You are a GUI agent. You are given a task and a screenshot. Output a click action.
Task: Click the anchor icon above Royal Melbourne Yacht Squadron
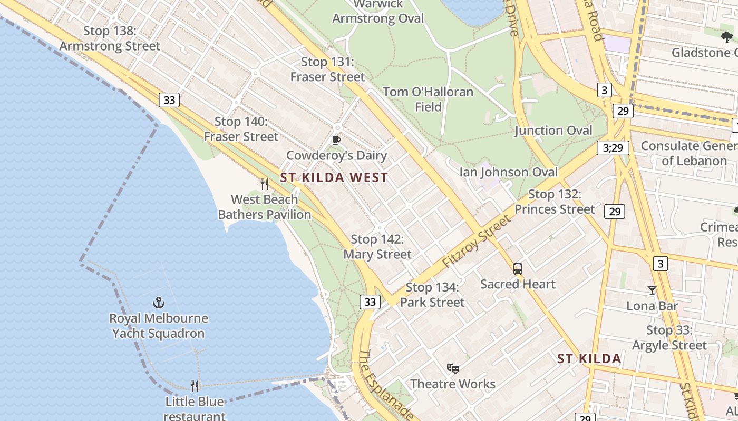tap(159, 303)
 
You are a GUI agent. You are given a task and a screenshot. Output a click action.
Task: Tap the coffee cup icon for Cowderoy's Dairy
tap(336, 140)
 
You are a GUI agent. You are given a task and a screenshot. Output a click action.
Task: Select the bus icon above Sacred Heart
tap(518, 269)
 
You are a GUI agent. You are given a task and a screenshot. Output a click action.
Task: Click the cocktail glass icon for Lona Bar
tap(652, 290)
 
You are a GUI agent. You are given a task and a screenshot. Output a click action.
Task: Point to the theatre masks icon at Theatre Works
tap(452, 368)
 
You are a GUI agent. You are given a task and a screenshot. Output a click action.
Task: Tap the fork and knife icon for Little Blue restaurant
tap(195, 386)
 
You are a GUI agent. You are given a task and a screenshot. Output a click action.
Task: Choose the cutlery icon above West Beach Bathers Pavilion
tap(265, 184)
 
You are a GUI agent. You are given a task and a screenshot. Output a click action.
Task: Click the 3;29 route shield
tap(613, 148)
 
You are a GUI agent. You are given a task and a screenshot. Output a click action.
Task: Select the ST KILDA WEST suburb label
tap(334, 178)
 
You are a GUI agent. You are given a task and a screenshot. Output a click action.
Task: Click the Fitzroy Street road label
tap(478, 241)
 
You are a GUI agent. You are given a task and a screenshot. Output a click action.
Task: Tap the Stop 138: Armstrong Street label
tap(110, 38)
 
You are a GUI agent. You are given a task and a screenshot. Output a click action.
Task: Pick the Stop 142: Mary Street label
tap(377, 247)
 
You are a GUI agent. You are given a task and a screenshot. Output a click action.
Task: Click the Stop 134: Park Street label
tap(432, 295)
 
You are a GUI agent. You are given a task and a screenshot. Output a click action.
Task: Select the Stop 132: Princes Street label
tap(555, 202)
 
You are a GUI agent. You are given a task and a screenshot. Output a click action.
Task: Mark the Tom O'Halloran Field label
tap(428, 99)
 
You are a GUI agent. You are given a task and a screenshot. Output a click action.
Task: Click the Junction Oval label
tap(553, 131)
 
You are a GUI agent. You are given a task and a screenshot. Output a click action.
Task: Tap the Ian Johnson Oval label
tap(508, 172)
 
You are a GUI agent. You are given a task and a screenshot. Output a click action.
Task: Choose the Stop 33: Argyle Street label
tap(669, 338)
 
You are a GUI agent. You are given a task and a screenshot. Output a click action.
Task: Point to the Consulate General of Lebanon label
tap(690, 153)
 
